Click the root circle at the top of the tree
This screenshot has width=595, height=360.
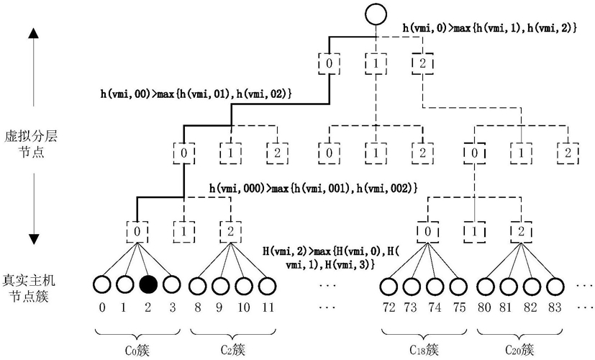pos(376,14)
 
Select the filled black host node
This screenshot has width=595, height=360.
pos(148,284)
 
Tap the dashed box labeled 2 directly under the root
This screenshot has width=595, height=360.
pos(423,63)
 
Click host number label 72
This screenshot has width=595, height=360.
pos(389,307)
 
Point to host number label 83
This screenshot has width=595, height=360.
pos(555,307)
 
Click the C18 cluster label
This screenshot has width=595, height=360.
pos(424,349)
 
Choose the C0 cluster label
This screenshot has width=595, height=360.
pos(137,349)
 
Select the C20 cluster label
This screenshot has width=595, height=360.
pos(519,349)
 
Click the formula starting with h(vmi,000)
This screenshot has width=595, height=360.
pos(314,188)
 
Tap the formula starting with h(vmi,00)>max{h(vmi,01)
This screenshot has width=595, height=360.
pos(196,94)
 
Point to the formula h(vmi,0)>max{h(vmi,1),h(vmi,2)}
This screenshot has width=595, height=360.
pos(490,28)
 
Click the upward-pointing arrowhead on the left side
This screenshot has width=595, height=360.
pos(34,33)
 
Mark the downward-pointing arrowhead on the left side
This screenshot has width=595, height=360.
pos(34,240)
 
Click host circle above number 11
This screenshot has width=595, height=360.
pos(268,285)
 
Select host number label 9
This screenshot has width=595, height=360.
pos(219,307)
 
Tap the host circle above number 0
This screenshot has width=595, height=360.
pos(101,284)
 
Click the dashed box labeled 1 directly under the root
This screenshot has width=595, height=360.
pos(376,63)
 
